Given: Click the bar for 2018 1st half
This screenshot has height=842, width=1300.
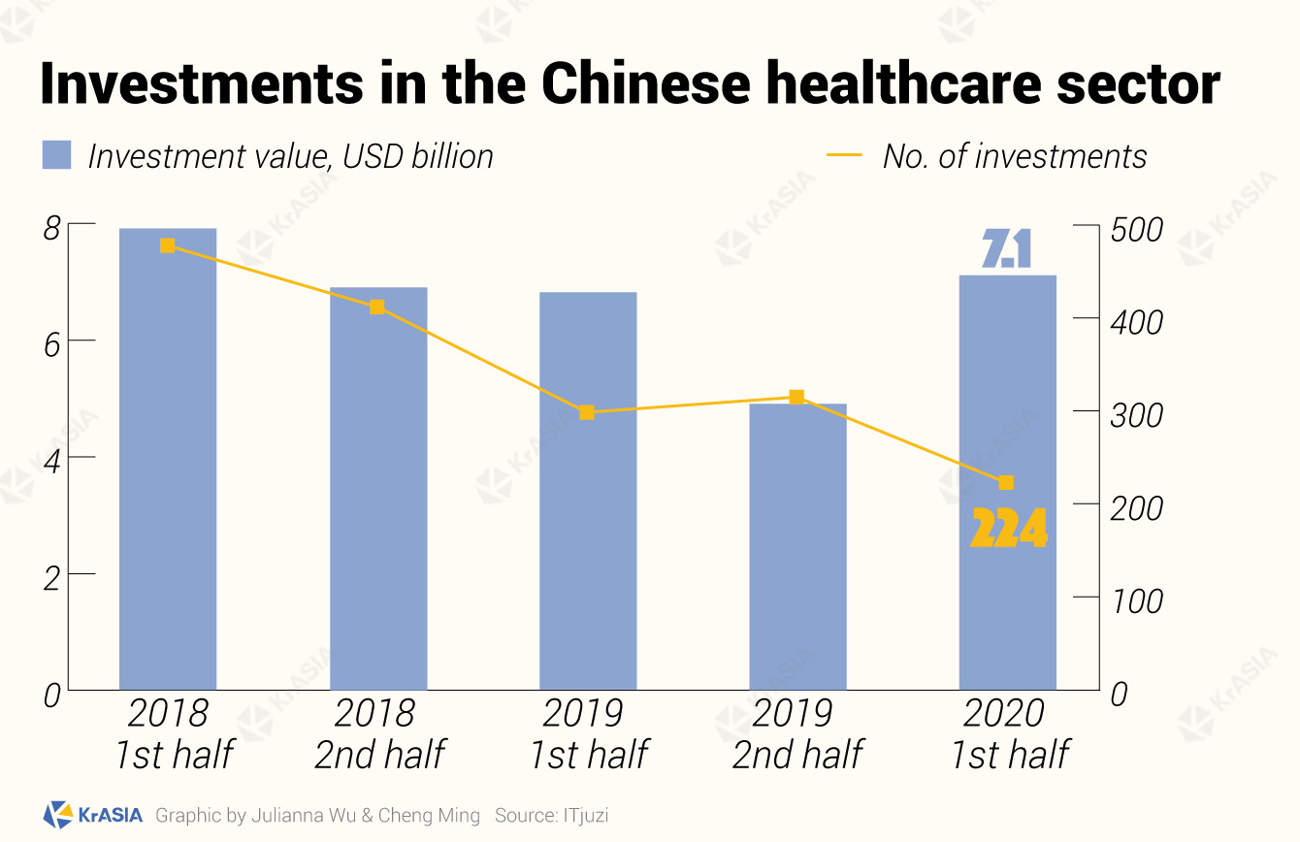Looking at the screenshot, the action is click(x=168, y=459).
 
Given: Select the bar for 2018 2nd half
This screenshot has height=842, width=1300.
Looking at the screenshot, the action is click(x=378, y=489).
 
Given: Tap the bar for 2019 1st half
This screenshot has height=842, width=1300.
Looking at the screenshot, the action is click(x=588, y=491).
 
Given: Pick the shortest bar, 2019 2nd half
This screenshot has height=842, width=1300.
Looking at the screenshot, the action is click(x=798, y=547).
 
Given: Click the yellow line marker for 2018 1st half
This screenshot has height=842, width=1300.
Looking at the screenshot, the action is click(x=167, y=246).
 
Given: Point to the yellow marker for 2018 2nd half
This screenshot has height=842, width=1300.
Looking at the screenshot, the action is click(x=377, y=307).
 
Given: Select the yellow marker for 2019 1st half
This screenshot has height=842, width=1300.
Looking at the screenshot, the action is click(x=587, y=412).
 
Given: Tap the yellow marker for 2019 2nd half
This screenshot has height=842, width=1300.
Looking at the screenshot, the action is click(x=796, y=398).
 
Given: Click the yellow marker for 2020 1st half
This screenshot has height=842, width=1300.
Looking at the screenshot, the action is click(x=1006, y=482).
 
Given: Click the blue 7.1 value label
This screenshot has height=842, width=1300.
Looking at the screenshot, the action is click(x=1007, y=248).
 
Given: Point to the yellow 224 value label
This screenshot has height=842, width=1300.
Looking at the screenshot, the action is click(x=1009, y=528).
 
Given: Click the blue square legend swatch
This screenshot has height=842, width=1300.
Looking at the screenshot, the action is click(x=57, y=155).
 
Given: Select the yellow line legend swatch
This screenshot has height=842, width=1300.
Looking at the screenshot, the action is click(x=844, y=155).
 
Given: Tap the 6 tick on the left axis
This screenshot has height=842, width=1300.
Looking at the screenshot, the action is click(x=51, y=346).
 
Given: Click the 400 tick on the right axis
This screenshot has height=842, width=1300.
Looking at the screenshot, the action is click(x=1137, y=323).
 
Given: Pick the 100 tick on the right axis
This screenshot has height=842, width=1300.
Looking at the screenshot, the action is click(x=1137, y=601).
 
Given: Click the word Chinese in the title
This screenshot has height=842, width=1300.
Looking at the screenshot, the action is click(x=646, y=83).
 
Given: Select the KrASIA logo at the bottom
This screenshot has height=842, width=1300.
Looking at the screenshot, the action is click(x=93, y=815).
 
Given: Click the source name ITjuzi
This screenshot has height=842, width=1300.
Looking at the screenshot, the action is click(x=586, y=815).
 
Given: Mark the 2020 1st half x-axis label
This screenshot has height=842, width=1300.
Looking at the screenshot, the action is click(x=1009, y=733).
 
